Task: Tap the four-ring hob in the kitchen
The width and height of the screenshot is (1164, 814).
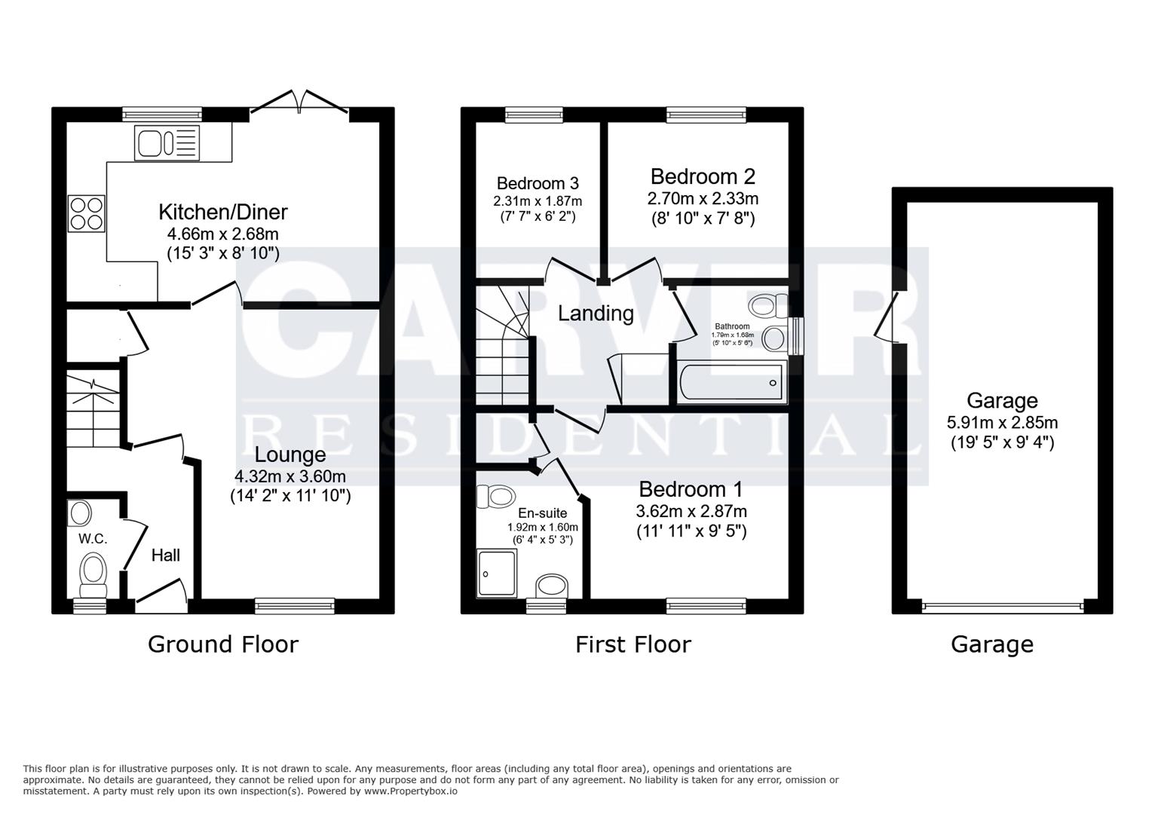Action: (86, 213)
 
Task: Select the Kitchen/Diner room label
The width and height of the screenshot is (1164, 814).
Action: (223, 212)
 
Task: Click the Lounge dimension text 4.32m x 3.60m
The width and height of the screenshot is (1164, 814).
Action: (290, 476)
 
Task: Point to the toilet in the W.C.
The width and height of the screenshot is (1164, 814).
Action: (94, 572)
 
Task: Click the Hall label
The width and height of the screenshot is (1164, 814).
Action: (166, 555)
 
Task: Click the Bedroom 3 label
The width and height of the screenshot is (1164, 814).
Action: (538, 183)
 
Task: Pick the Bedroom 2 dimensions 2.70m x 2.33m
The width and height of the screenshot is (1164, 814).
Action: (703, 199)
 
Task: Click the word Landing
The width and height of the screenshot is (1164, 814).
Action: (596, 313)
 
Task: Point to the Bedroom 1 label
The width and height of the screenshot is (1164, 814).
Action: (691, 488)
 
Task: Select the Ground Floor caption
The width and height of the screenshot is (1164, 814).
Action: (223, 644)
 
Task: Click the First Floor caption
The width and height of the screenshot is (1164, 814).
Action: (633, 644)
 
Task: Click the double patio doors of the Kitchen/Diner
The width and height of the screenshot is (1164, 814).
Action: (299, 104)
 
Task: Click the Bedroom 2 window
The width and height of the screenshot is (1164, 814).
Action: (706, 115)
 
